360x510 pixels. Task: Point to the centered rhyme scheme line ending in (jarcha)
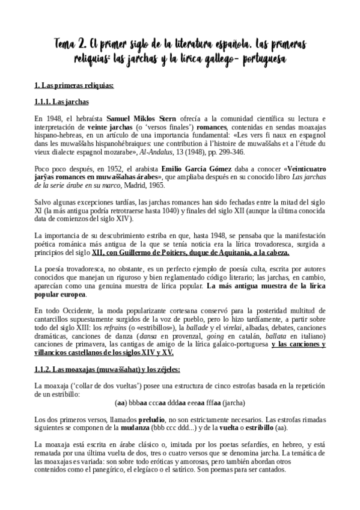[180, 403]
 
